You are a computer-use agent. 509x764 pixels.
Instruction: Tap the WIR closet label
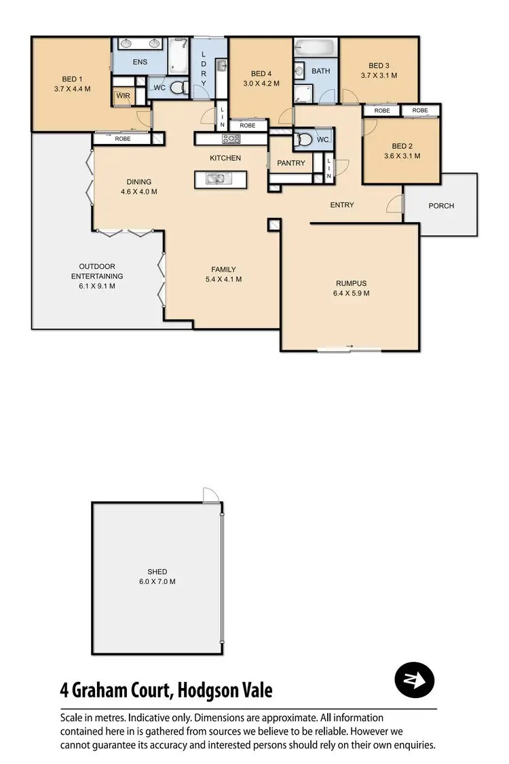pyautogui.click(x=123, y=96)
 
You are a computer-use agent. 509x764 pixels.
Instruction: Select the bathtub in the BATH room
pyautogui.click(x=316, y=49)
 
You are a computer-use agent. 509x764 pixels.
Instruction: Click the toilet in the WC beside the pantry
pyautogui.click(x=305, y=140)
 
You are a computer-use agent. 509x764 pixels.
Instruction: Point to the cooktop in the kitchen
pyautogui.click(x=231, y=139)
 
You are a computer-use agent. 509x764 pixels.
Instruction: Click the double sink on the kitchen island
pyautogui.click(x=220, y=179)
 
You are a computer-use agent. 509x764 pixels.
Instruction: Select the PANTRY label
pyautogui.click(x=291, y=163)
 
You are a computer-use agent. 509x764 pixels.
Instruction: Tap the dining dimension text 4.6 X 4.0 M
pyautogui.click(x=138, y=192)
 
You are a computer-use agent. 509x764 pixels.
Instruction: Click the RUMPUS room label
pyautogui.click(x=351, y=284)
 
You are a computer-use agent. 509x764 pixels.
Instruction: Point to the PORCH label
pyautogui.click(x=441, y=206)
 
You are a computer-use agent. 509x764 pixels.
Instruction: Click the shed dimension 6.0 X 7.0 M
pyautogui.click(x=157, y=581)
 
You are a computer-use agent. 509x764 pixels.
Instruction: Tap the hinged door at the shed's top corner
pyautogui.click(x=210, y=494)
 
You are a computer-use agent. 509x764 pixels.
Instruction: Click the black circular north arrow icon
pyautogui.click(x=414, y=680)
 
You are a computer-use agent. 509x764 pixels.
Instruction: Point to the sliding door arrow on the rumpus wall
pyautogui.click(x=350, y=348)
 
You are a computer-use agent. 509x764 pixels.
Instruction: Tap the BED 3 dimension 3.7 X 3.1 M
pyautogui.click(x=379, y=75)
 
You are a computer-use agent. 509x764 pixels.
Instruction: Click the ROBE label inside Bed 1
pyautogui.click(x=123, y=139)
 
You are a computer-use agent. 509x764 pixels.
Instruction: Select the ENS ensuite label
pyautogui.click(x=140, y=62)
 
